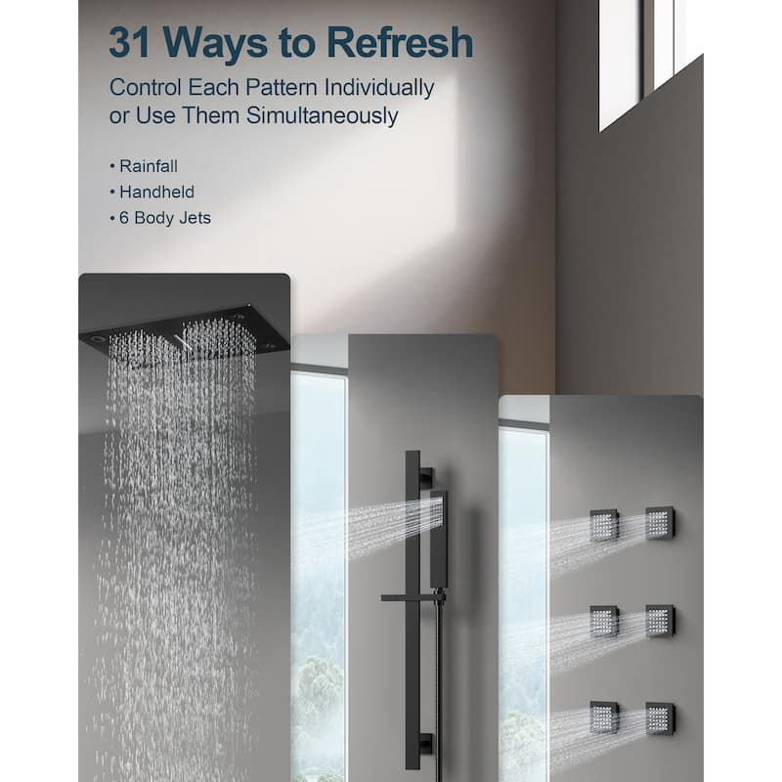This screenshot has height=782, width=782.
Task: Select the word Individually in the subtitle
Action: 379,88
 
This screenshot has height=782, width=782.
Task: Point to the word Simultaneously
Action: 323,115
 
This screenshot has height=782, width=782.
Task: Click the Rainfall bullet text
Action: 149,166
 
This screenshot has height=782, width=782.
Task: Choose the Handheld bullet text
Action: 156,192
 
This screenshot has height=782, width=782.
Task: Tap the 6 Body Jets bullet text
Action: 164,218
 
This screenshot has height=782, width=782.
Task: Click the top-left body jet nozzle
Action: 604,525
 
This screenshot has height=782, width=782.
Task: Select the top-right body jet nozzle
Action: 660,523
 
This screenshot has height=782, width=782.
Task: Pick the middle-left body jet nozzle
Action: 604,622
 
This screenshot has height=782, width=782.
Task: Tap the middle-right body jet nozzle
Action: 660,621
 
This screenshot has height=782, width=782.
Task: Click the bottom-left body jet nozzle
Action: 604,717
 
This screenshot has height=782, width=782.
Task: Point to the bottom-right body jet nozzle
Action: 660,718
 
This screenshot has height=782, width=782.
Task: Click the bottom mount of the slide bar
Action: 426,743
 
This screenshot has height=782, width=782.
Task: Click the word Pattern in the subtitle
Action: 281,88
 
